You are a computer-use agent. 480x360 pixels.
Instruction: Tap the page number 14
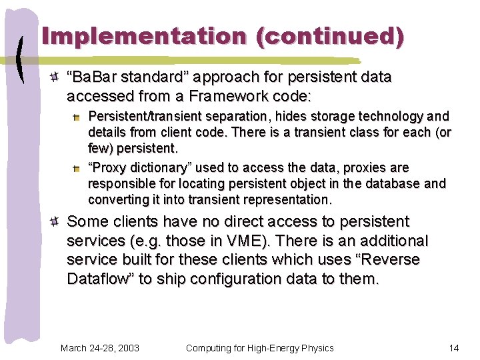tap(454, 348)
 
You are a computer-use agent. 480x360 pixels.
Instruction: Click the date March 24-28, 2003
tap(100, 348)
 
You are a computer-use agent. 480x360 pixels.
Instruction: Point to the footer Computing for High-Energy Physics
tap(260, 348)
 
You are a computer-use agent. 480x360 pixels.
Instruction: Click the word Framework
tap(212, 96)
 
